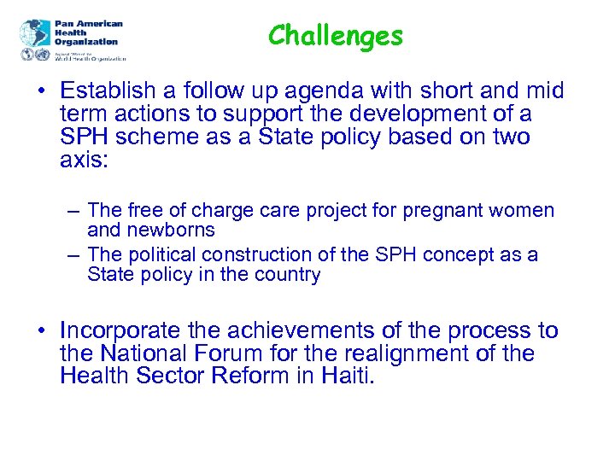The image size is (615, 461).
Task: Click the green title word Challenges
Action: (335, 36)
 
